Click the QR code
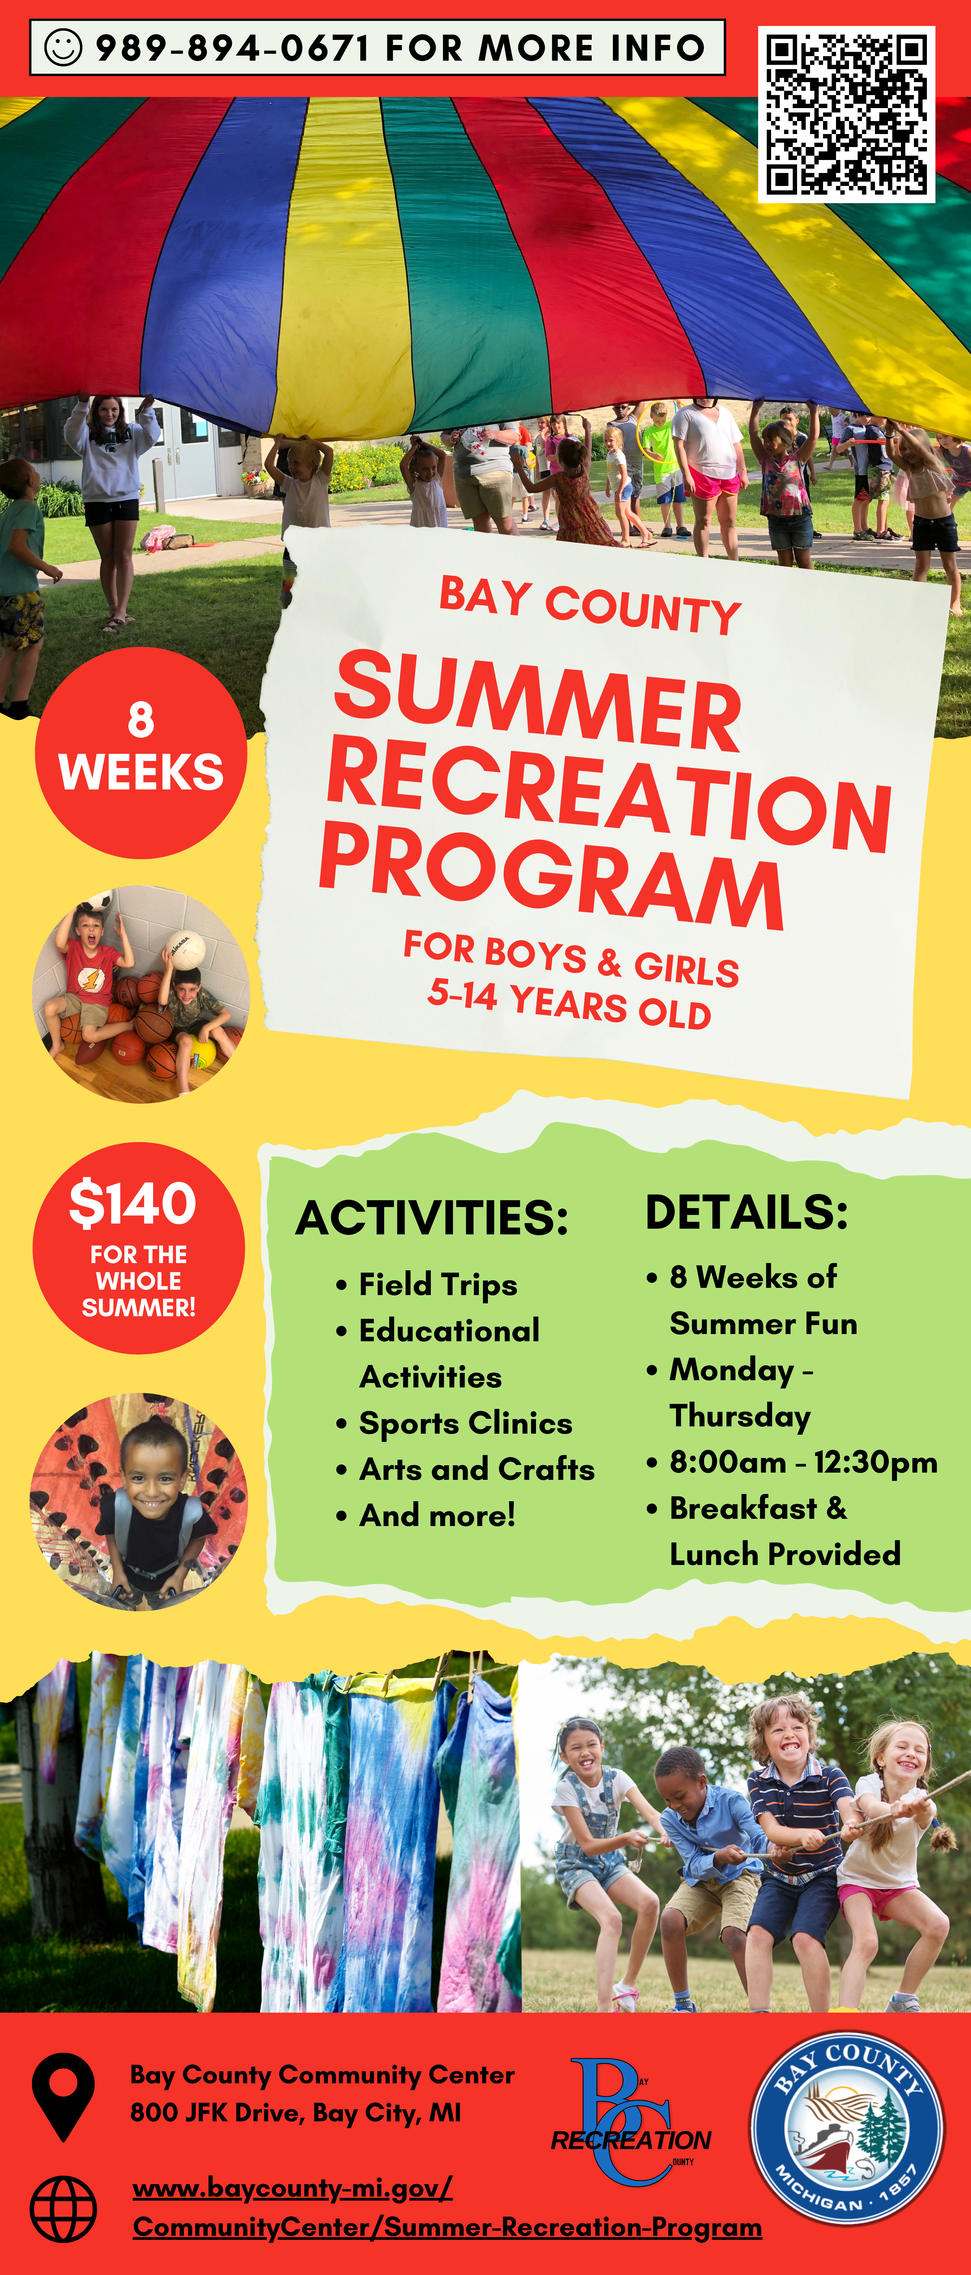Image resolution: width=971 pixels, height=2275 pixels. pyautogui.click(x=846, y=114)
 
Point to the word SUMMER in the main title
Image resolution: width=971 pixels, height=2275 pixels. pyautogui.click(x=538, y=701)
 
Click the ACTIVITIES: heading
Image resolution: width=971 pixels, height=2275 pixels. pyautogui.click(x=432, y=1218)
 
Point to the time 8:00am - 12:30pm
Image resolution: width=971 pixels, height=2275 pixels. pyautogui.click(x=803, y=1463)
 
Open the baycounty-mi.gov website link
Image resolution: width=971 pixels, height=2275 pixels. pyautogui.click(x=447, y=2208)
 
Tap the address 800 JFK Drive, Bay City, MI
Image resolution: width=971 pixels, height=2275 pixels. pyautogui.click(x=295, y=2113)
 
